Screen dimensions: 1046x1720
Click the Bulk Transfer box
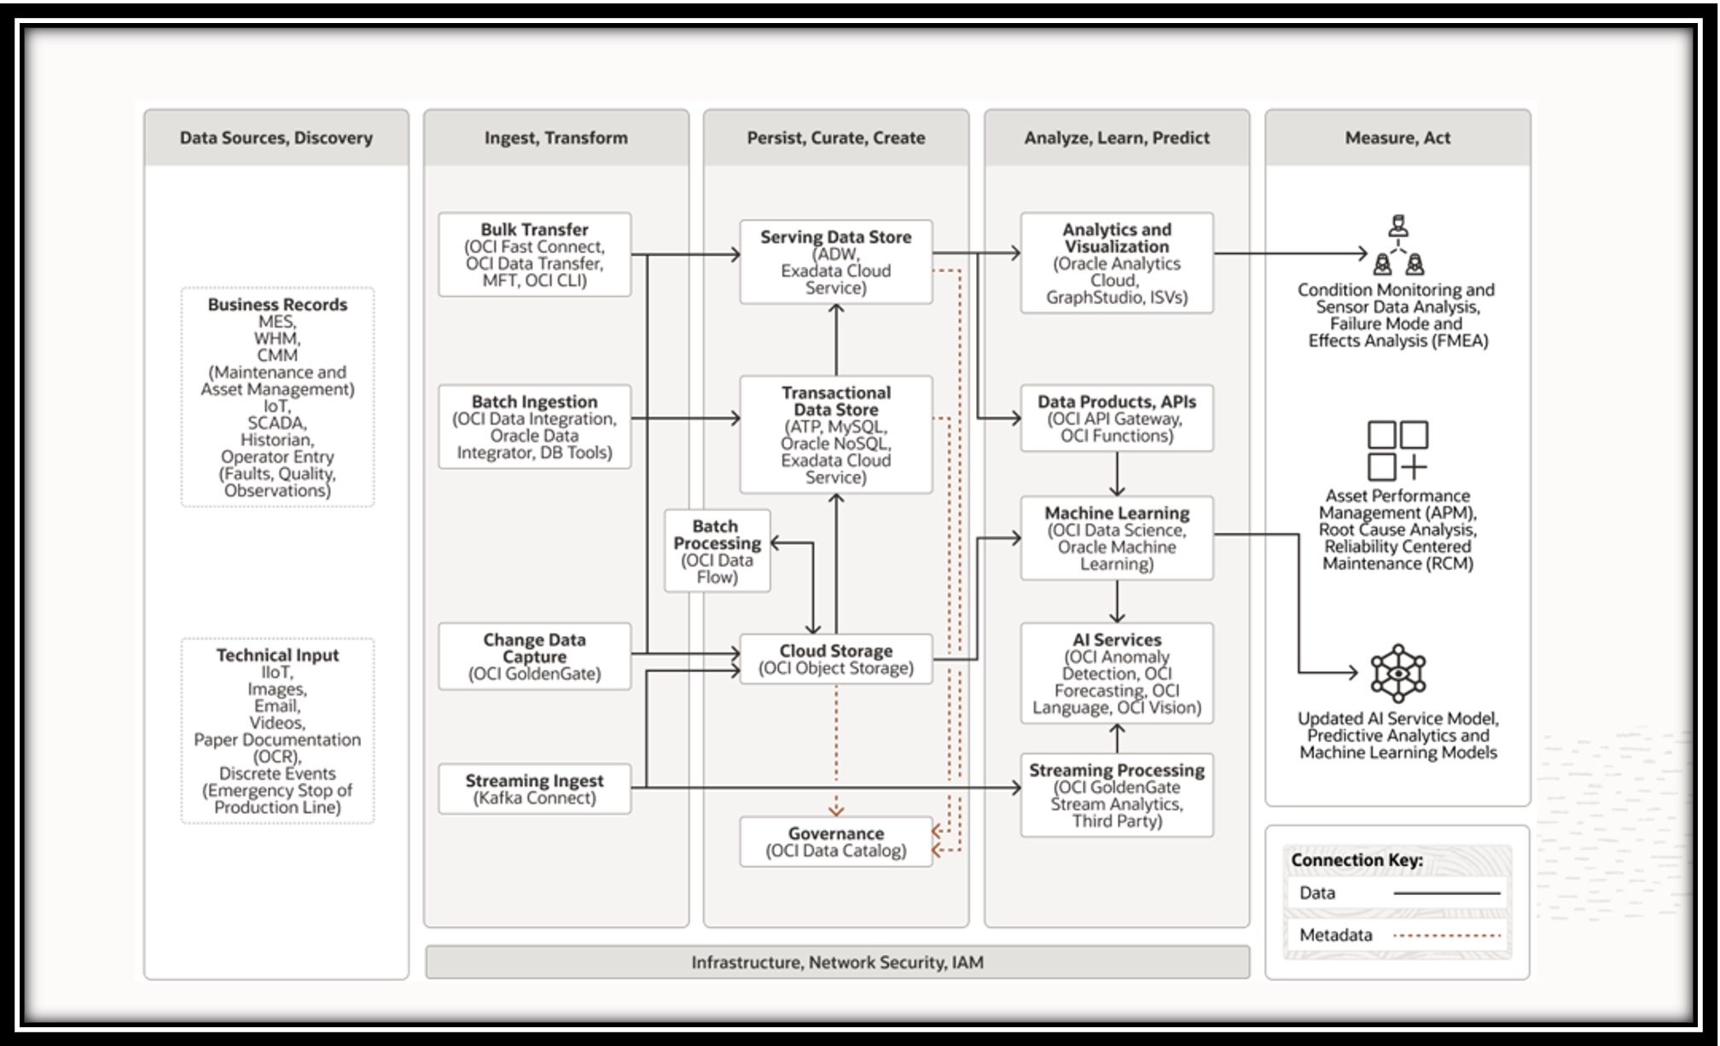tap(534, 254)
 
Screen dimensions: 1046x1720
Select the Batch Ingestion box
tap(534, 427)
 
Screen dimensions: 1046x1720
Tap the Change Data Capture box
tap(534, 656)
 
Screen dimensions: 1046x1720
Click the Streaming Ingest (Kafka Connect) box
tap(534, 788)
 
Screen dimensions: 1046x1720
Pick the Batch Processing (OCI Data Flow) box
tap(717, 551)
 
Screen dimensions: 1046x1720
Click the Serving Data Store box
tap(835, 262)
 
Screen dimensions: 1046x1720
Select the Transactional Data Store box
tap(835, 434)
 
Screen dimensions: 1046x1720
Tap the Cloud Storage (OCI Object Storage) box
tap(835, 659)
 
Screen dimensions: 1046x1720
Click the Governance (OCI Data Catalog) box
tap(835, 841)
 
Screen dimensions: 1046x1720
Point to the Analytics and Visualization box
tap(1116, 263)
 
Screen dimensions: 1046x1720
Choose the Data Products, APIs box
tap(1116, 418)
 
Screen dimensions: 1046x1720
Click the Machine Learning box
tap(1116, 538)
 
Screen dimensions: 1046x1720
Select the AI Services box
tap(1116, 673)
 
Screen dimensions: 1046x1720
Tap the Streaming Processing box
tap(1116, 795)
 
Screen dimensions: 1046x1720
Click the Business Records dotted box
tap(277, 397)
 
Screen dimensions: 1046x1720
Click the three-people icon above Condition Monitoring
tap(1397, 245)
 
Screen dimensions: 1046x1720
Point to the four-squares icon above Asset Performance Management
tap(1397, 450)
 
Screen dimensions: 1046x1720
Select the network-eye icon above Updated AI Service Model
tap(1397, 673)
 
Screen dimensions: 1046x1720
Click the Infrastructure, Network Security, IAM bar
tap(836, 962)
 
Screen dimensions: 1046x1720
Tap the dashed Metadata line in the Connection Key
tap(1446, 935)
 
